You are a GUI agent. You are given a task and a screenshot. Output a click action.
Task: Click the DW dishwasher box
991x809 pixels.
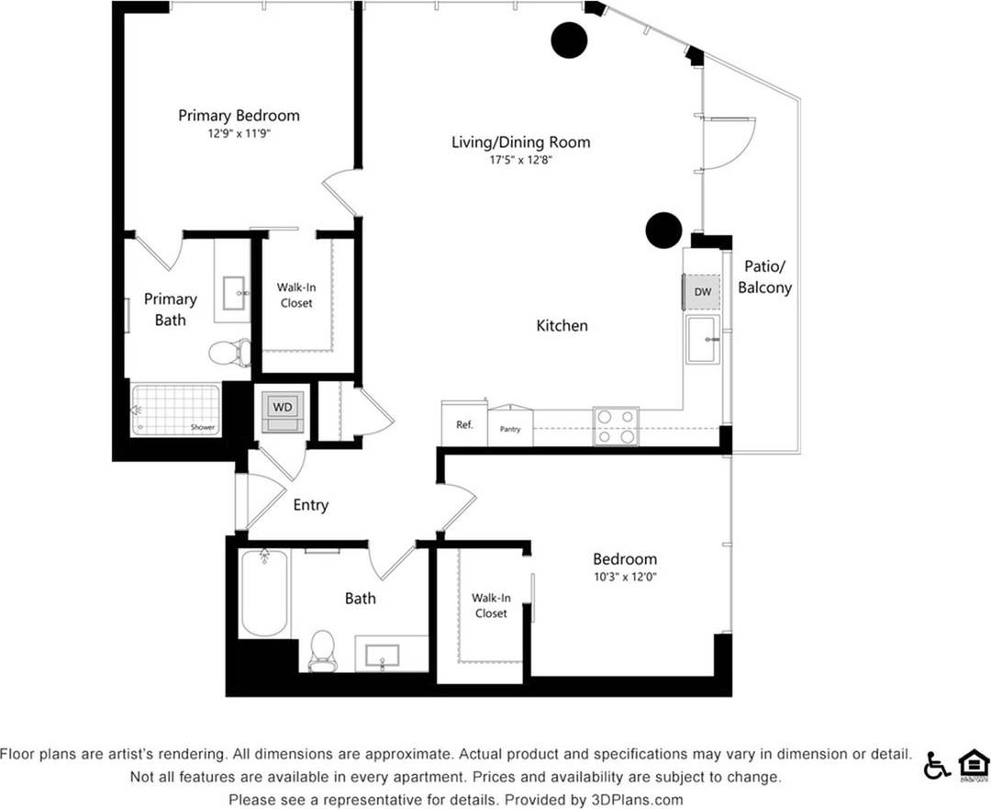click(x=703, y=292)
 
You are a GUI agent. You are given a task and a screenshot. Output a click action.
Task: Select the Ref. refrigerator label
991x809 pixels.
click(x=464, y=425)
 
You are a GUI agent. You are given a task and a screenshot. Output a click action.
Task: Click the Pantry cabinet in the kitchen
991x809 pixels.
click(x=510, y=428)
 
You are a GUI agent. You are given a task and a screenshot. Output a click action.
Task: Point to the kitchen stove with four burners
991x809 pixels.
click(x=616, y=426)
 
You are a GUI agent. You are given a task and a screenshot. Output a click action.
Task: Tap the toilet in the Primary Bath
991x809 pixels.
click(x=228, y=352)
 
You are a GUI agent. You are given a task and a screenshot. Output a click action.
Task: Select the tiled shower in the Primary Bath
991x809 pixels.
click(x=175, y=410)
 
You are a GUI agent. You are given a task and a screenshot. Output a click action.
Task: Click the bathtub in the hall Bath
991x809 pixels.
click(x=264, y=591)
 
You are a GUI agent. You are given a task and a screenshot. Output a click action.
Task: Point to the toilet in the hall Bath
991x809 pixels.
click(x=322, y=650)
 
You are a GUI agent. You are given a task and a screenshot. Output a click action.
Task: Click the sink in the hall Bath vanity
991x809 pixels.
click(x=383, y=656)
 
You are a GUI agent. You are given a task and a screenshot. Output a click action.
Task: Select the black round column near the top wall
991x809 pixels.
click(x=569, y=39)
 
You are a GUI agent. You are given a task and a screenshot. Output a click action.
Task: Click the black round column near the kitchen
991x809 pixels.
click(x=663, y=230)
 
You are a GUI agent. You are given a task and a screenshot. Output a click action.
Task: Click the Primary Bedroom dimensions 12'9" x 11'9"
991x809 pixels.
click(x=239, y=133)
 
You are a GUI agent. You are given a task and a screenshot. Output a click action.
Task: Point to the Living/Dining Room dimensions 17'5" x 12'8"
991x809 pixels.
click(x=520, y=160)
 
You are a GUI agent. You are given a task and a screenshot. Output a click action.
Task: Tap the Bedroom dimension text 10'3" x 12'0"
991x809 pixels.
click(x=624, y=577)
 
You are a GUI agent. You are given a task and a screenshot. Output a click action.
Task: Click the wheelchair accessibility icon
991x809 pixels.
click(x=937, y=764)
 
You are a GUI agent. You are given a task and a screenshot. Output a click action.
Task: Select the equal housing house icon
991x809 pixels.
click(x=974, y=764)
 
